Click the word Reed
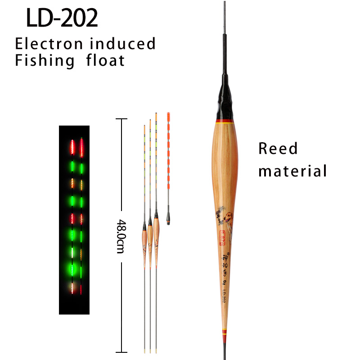(278, 148)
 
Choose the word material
(292, 171)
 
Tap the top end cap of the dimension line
(120, 119)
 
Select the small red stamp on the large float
(222, 237)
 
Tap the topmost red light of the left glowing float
(72, 145)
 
